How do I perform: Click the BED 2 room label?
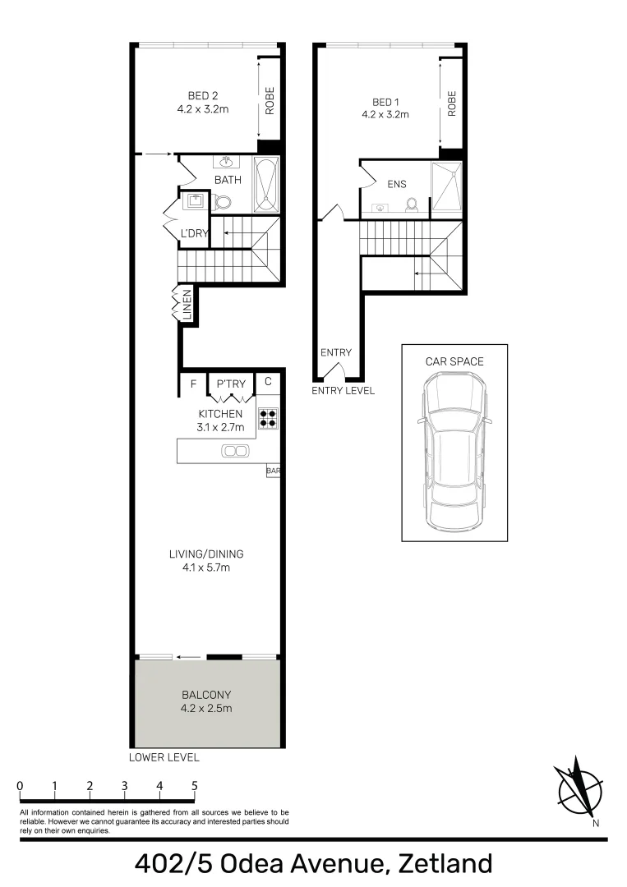click(x=203, y=96)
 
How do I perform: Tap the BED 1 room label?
click(x=385, y=103)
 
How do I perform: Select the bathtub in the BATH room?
click(x=266, y=185)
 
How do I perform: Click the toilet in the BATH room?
click(x=223, y=203)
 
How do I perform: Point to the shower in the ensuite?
click(x=447, y=186)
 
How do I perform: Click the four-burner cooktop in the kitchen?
click(x=268, y=417)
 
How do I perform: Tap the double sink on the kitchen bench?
click(x=235, y=451)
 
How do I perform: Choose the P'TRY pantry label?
click(x=231, y=384)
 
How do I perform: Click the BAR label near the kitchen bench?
click(x=273, y=471)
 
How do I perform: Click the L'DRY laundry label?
click(x=194, y=233)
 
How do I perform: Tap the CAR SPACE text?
click(x=454, y=361)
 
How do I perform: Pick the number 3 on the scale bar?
click(x=124, y=786)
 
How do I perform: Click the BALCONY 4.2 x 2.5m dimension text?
click(x=206, y=708)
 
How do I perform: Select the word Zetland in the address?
click(x=445, y=863)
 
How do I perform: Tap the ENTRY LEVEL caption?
click(x=343, y=390)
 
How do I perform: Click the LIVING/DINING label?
click(x=206, y=554)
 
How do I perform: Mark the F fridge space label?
click(x=194, y=384)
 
